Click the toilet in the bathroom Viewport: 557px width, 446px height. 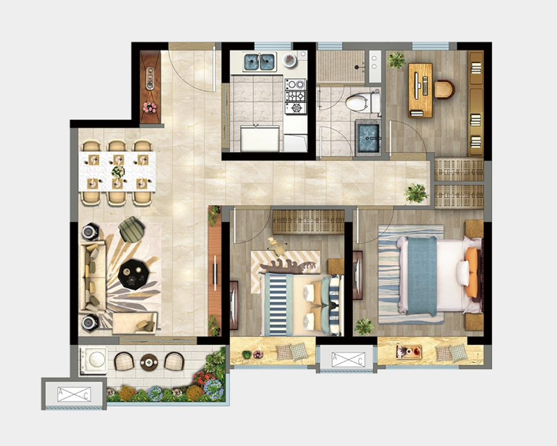pyautogui.click(x=362, y=102)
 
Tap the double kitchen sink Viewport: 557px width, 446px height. pyautogui.click(x=260, y=62)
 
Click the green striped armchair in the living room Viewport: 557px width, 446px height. pyautogui.click(x=131, y=229)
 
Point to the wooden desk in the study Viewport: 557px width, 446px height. pyautogui.click(x=420, y=90)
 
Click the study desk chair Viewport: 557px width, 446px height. pyautogui.click(x=444, y=89)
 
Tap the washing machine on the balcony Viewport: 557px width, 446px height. pyautogui.click(x=93, y=360)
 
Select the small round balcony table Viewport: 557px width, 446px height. pyautogui.click(x=149, y=362)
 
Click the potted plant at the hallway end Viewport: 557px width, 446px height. pyautogui.click(x=416, y=192)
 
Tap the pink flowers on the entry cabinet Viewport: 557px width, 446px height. pyautogui.click(x=150, y=107)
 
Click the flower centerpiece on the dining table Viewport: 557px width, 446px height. pyautogui.click(x=118, y=172)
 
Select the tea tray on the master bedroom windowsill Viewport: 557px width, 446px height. pyautogui.click(x=409, y=351)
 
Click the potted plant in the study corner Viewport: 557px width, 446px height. pyautogui.click(x=397, y=60)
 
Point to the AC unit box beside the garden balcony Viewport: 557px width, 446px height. pyautogui.click(x=74, y=394)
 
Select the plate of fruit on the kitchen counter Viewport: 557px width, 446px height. pyautogui.click(x=290, y=59)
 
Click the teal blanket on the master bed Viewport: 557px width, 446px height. pyautogui.click(x=422, y=276)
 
